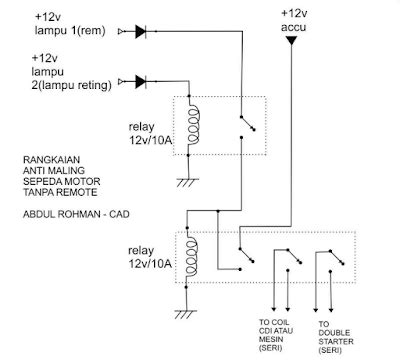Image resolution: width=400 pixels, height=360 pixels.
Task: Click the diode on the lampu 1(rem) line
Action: (x=140, y=32)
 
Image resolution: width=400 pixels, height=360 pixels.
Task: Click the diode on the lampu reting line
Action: (x=140, y=81)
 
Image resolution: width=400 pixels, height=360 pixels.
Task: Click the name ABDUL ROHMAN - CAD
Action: (x=75, y=215)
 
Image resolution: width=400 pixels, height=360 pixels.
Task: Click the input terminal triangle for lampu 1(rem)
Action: (x=122, y=32)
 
